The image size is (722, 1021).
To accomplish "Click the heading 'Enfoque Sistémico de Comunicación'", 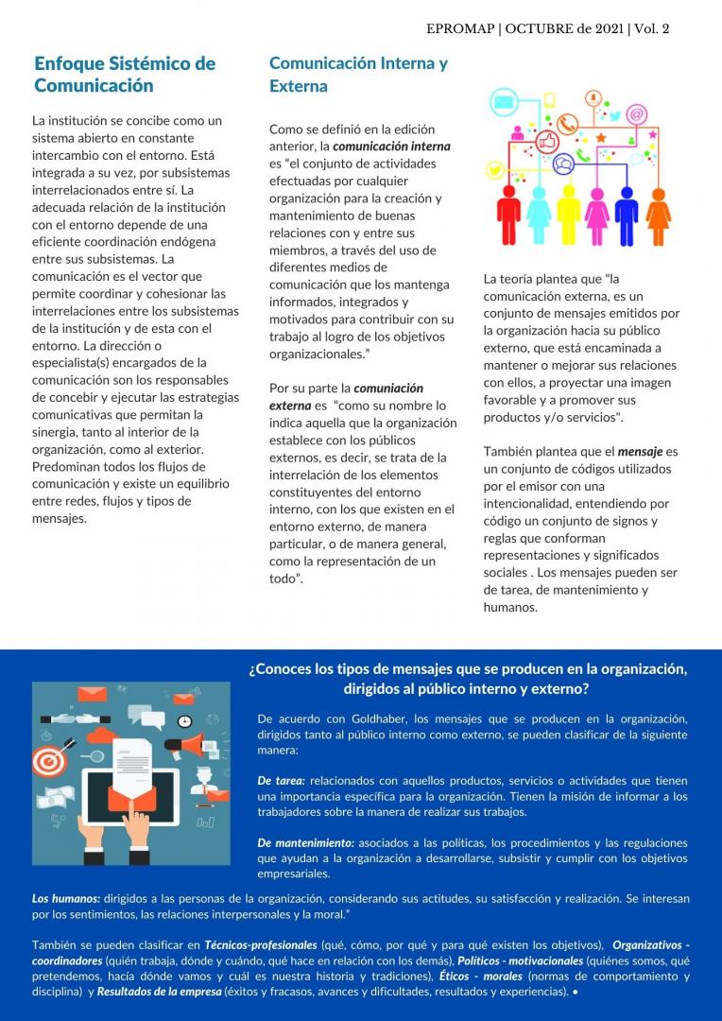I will (125, 75).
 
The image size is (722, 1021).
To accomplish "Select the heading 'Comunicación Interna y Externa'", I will (358, 75).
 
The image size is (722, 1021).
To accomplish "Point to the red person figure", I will (508, 216).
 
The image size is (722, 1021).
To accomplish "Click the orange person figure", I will (658, 216).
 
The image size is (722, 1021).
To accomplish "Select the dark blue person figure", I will (627, 216).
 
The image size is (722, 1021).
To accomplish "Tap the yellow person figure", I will (567, 216).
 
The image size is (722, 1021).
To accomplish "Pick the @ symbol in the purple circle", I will (636, 114).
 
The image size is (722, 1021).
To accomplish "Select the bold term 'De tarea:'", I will (281, 781).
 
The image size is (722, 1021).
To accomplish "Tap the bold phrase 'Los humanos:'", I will (66, 898).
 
